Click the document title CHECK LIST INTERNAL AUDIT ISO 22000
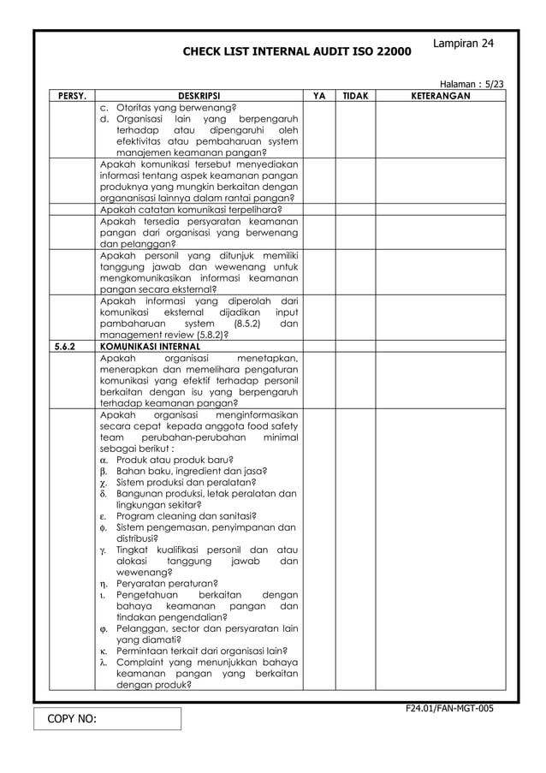coord(296,53)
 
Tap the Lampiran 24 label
coord(463,43)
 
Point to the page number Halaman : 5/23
coord(471,85)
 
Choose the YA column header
coord(319,97)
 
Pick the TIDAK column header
coord(354,97)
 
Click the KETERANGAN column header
coord(440,97)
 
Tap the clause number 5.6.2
coord(65,347)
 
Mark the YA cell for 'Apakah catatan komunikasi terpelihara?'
coord(319,208)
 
